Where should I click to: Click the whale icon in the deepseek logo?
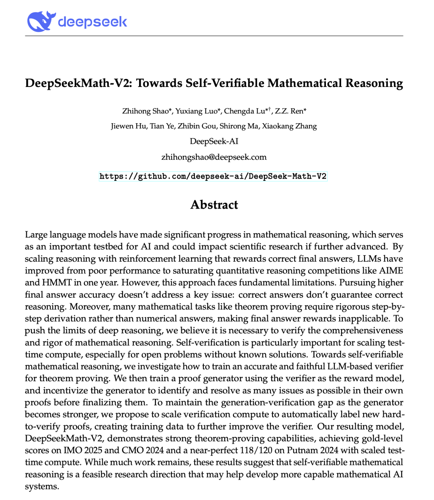pyautogui.click(x=39, y=21)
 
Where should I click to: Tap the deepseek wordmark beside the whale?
pyautogui.click(x=92, y=21)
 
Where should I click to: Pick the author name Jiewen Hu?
pyautogui.click(x=129, y=126)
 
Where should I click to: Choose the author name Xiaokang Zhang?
pyautogui.click(x=289, y=126)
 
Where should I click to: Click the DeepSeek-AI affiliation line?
pyautogui.click(x=214, y=141)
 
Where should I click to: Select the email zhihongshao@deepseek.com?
pyautogui.click(x=214, y=157)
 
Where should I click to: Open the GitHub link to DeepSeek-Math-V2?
pyautogui.click(x=213, y=176)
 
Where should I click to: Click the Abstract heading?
pyautogui.click(x=214, y=205)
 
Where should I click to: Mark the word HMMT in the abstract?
pyautogui.click(x=55, y=283)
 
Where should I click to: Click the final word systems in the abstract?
pyautogui.click(x=42, y=486)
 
